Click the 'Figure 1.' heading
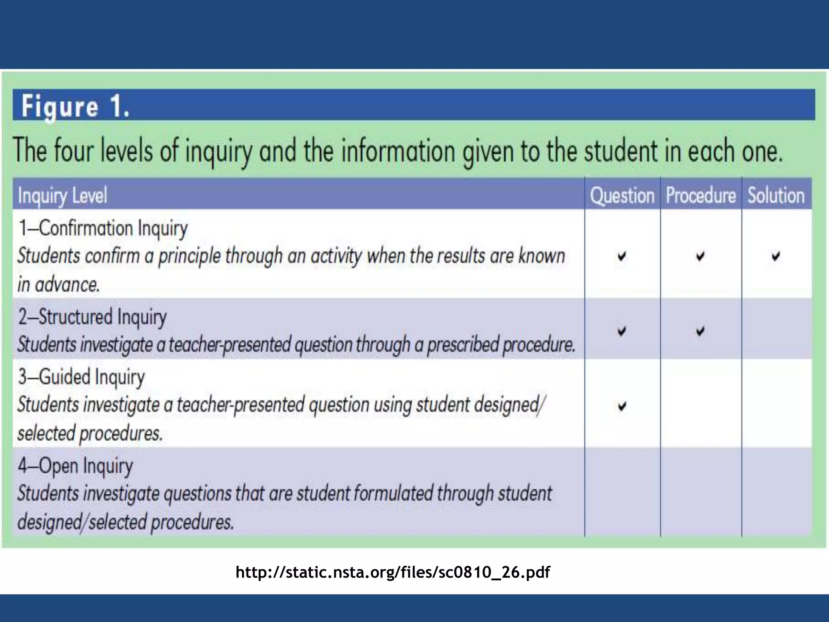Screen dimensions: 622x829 (x=76, y=107)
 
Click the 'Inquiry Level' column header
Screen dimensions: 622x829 (x=63, y=196)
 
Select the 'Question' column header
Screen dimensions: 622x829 (x=622, y=196)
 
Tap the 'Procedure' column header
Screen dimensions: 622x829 (x=701, y=196)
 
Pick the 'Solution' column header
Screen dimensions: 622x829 (x=776, y=196)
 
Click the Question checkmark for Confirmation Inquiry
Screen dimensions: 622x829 (x=622, y=256)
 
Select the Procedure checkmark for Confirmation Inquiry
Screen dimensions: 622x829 (x=700, y=256)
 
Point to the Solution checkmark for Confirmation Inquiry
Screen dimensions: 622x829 (x=776, y=256)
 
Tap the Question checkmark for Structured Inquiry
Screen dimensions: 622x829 (x=622, y=331)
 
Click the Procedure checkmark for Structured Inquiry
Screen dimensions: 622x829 (x=700, y=331)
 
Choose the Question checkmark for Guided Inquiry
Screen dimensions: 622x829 (x=622, y=406)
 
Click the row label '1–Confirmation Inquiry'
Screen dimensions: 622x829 (x=103, y=228)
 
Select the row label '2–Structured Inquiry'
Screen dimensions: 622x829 (x=92, y=317)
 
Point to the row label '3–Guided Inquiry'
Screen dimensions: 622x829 (x=81, y=377)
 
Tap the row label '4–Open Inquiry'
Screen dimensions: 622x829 (x=75, y=466)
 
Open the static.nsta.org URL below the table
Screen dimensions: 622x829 (x=393, y=572)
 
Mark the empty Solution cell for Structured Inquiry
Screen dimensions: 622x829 (x=776, y=329)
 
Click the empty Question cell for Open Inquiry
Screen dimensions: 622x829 (x=622, y=492)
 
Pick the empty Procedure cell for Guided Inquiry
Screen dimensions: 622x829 (x=701, y=403)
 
